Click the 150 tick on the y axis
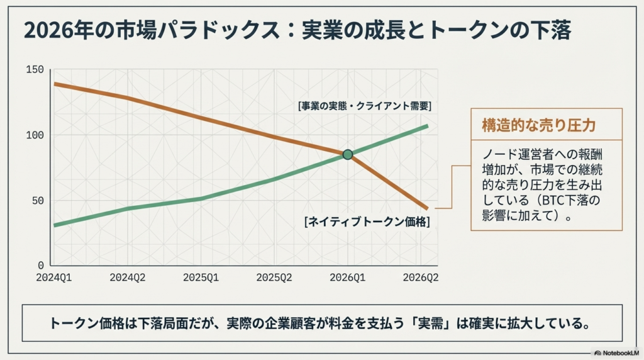pyautogui.click(x=35, y=69)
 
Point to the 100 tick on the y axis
pyautogui.click(x=35, y=135)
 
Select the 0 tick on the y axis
pyautogui.click(x=40, y=265)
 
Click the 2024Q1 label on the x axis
pyautogui.click(x=54, y=277)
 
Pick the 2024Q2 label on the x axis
pyautogui.click(x=128, y=277)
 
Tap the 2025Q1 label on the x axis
pyautogui.click(x=201, y=277)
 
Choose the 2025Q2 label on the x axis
pyautogui.click(x=275, y=277)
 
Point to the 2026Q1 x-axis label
pyautogui.click(x=348, y=277)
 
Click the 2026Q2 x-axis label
pyautogui.click(x=420, y=277)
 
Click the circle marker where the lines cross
pyautogui.click(x=348, y=154)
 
